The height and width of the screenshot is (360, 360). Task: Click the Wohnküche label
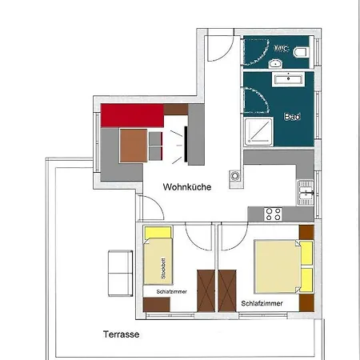(187, 186)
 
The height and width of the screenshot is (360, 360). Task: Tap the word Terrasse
(121, 334)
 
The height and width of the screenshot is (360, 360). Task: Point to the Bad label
(292, 117)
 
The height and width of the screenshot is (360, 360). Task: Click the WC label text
(282, 49)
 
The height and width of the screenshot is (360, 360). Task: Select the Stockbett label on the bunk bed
(163, 268)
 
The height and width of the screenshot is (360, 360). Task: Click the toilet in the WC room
(302, 52)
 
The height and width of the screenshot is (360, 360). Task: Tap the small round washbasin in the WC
(275, 63)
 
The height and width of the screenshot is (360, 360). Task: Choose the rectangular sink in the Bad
(288, 79)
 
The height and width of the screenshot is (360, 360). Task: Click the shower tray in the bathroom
(258, 131)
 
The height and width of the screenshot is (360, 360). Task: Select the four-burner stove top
(273, 214)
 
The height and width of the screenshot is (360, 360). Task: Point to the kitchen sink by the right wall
(306, 193)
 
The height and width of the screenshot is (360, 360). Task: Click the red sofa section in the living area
(132, 115)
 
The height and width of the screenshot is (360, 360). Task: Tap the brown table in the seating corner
(134, 146)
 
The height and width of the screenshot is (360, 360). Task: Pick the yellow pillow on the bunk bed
(158, 233)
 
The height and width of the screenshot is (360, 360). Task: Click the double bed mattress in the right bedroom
(278, 266)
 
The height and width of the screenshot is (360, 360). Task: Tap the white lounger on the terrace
(120, 273)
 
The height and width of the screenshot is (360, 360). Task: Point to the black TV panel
(186, 144)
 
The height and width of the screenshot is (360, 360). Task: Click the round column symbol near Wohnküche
(235, 176)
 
